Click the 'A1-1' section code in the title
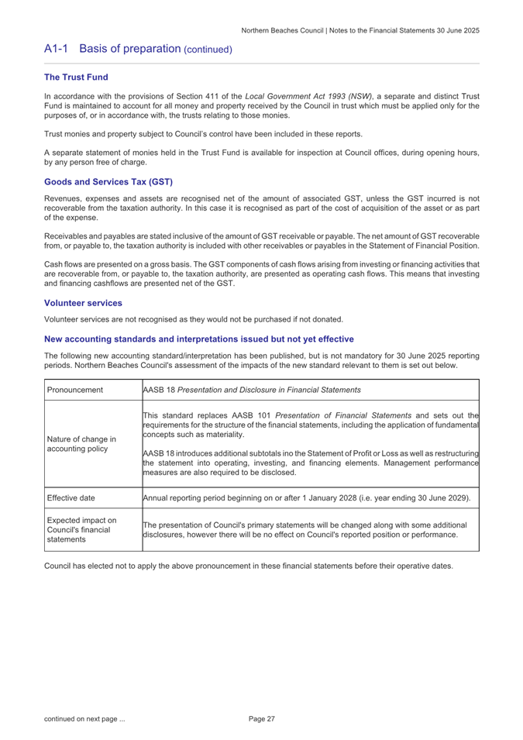coord(57,48)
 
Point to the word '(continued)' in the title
coord(208,49)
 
